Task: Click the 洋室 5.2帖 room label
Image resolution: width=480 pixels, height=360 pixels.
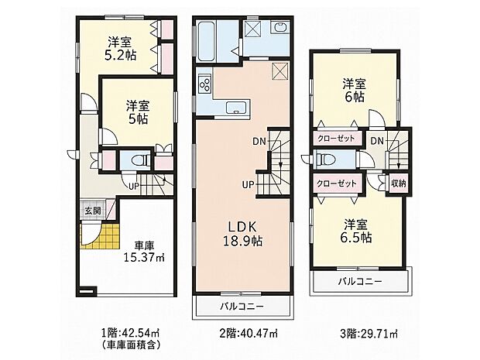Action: [120, 48]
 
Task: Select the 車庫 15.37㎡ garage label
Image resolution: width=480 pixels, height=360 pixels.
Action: [144, 252]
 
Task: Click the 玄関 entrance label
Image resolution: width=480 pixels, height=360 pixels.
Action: [93, 211]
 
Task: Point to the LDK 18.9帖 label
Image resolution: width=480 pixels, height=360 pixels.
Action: [242, 233]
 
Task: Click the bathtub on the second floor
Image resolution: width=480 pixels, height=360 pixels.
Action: [207, 41]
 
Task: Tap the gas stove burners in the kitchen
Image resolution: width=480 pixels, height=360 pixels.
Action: [205, 84]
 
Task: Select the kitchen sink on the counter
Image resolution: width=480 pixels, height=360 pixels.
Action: [236, 108]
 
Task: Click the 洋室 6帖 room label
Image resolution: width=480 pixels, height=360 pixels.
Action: [354, 91]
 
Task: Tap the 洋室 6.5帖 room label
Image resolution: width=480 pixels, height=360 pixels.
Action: [356, 231]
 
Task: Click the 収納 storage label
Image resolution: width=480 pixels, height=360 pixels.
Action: [399, 183]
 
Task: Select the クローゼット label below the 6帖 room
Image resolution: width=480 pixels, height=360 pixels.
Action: [337, 139]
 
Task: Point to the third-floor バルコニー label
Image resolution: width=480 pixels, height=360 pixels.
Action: [360, 281]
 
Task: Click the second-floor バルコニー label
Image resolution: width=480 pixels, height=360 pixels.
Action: [242, 306]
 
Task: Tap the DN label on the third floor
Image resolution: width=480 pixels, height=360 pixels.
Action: [377, 141]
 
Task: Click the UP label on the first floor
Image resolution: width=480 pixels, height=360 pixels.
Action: [134, 186]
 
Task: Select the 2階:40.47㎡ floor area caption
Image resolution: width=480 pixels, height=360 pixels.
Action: [249, 333]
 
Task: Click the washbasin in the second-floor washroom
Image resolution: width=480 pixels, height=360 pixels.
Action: [280, 28]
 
